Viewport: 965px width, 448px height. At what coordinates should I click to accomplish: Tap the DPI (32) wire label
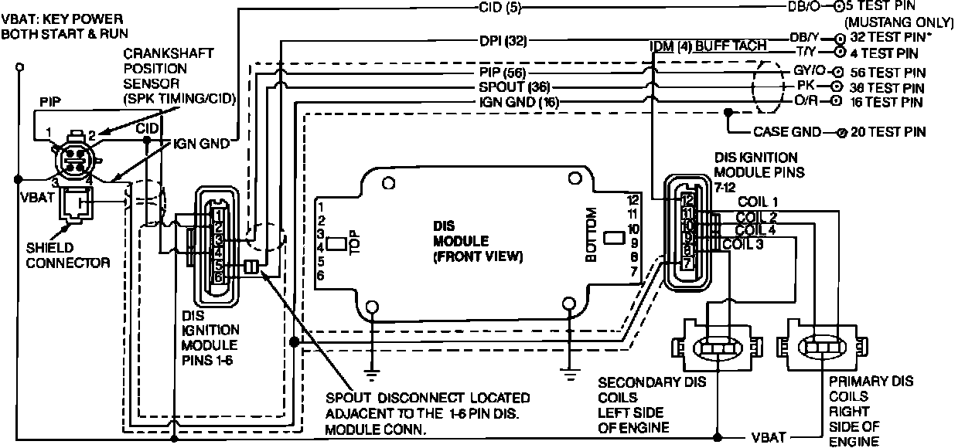pos(503,40)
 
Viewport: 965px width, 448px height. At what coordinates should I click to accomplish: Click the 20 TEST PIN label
pos(887,132)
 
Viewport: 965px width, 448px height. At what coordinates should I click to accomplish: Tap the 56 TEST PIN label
pos(887,71)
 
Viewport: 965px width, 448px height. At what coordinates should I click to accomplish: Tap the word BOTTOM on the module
pos(592,236)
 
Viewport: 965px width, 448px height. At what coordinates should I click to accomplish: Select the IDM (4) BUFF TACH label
pos(708,46)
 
